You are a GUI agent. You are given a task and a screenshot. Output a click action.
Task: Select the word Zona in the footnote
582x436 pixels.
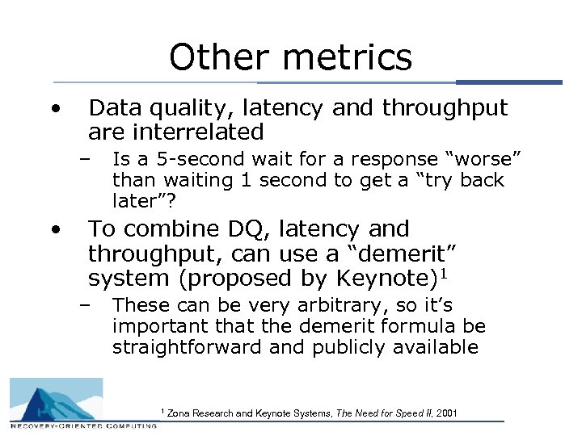point(179,413)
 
